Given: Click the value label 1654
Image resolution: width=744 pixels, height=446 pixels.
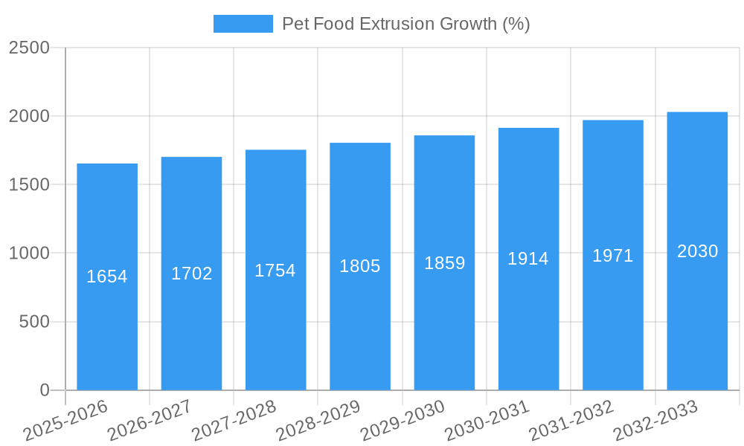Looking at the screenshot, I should coord(107,277).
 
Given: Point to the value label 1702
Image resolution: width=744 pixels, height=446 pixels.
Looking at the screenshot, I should coord(192,274).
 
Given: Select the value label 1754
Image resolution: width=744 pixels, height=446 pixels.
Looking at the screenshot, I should coord(275,271).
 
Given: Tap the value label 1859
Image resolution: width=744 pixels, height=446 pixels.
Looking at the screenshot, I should coord(445,263).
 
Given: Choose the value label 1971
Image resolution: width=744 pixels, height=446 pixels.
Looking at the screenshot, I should coord(613,256).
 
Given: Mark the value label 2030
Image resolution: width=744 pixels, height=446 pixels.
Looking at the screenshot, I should coord(698,251).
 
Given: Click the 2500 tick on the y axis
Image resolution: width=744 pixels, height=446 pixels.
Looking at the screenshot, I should coord(29,48).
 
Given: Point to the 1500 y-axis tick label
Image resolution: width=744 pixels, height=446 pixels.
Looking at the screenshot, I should coord(29,185).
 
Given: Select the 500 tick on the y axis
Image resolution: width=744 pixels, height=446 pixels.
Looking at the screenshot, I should coord(34,322).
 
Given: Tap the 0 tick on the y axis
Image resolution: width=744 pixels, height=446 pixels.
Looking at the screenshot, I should coord(44,390).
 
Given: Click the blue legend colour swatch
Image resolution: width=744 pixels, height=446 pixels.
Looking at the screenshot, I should coord(243,24).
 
